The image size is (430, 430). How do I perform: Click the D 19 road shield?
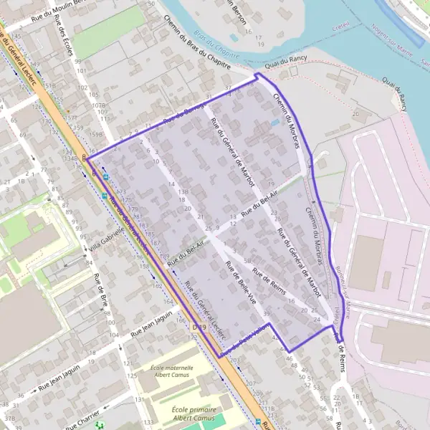[199, 328]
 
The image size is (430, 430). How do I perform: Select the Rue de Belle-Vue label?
[240, 281]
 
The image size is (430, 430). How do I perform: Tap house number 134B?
[72, 158]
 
